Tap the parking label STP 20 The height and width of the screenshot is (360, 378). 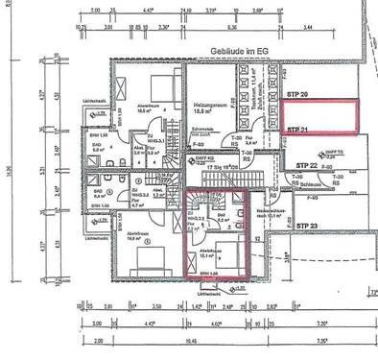(x=295, y=96)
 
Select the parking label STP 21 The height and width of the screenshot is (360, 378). (x=295, y=129)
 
